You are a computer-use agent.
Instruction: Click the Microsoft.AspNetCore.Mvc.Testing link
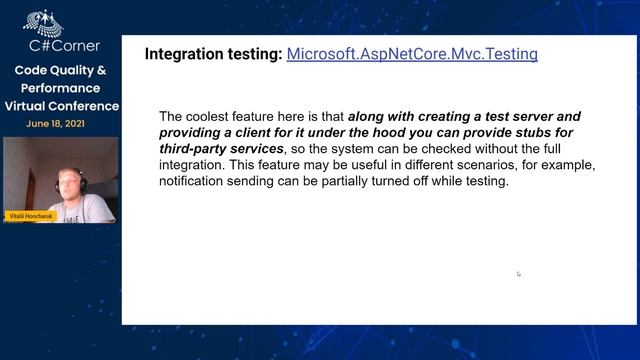pos(412,54)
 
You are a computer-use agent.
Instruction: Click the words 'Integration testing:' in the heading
pos(213,54)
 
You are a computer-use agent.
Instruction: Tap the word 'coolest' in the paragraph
pos(235,116)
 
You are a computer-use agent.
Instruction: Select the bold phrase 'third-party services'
pos(213,149)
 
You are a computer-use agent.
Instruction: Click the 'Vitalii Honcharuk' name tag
pos(30,216)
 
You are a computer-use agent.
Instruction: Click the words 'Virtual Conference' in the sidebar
pos(61,106)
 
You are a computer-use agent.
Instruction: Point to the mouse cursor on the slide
pos(518,273)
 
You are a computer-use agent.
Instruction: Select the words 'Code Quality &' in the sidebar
pos(60,71)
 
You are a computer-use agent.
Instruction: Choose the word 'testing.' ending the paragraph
pos(484,182)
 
